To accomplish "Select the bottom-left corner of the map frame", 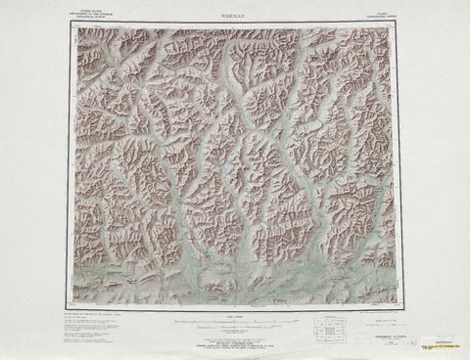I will tap(70, 307).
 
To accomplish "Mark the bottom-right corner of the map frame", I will tap(401, 307).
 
